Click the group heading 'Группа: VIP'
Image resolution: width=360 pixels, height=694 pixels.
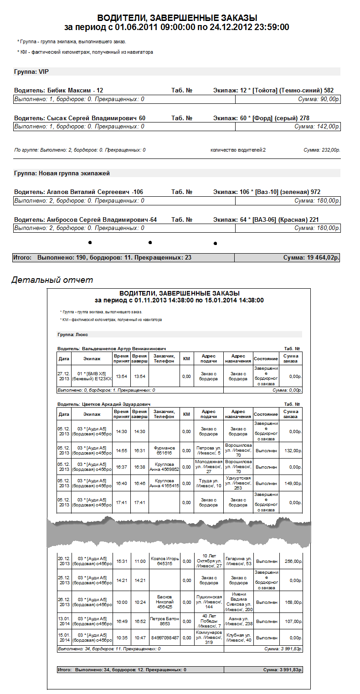[x=31, y=71]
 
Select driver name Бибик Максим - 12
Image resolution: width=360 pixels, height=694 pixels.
[x=59, y=91]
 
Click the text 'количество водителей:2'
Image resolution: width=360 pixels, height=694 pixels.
[x=238, y=150]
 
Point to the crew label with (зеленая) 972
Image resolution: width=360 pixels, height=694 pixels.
[x=273, y=192]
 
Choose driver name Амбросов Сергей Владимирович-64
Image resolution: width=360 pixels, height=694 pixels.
[x=85, y=219]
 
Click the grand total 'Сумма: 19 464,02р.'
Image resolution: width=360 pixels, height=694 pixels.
[x=311, y=258]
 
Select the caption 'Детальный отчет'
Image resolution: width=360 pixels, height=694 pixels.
[x=52, y=280]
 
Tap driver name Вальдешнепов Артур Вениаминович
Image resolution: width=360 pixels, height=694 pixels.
[x=111, y=348]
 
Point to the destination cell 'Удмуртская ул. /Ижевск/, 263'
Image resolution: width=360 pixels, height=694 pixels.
[x=238, y=483]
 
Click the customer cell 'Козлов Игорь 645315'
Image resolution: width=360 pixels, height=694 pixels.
[x=164, y=561]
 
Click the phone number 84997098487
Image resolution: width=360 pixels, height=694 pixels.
[x=164, y=638]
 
